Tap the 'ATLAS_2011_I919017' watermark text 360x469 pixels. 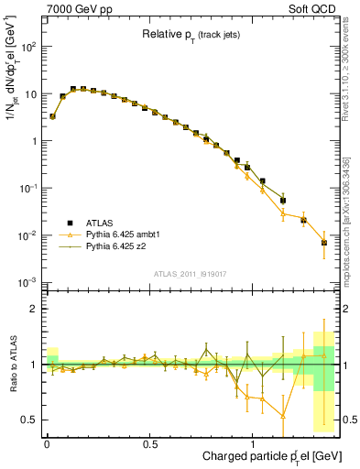pos(190,273)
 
